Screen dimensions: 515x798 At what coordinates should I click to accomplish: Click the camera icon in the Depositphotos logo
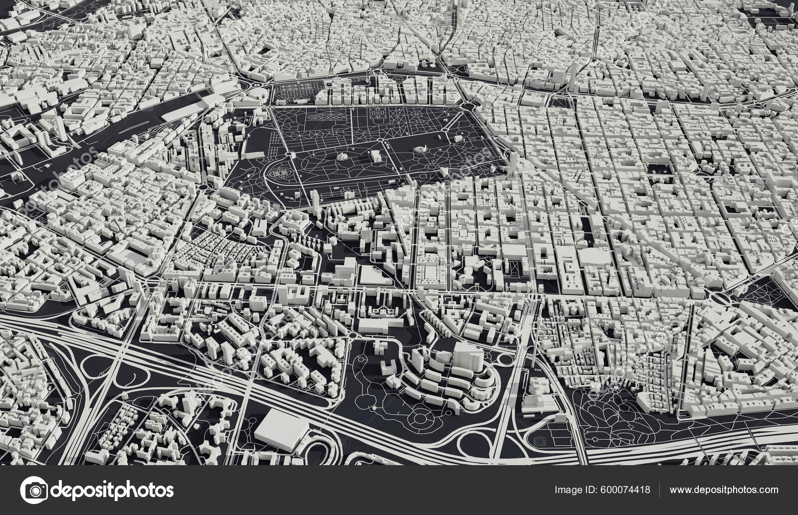coord(35,491)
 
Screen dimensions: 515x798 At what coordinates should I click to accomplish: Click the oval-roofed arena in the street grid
coord(594,258)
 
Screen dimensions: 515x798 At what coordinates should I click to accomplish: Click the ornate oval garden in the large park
coord(277,174)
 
